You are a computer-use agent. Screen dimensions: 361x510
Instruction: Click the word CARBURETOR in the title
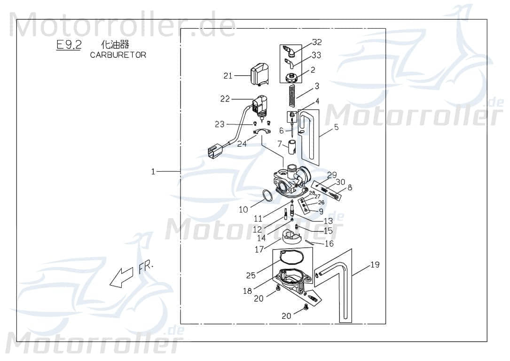(118, 55)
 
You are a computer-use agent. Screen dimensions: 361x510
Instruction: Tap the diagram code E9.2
(69, 45)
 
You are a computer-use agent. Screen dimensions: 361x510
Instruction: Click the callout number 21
(228, 75)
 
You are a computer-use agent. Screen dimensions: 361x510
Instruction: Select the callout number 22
(225, 99)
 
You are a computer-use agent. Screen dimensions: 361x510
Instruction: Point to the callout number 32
(317, 42)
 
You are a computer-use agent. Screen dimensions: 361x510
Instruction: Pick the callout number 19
(375, 265)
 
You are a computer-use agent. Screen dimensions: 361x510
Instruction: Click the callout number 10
(243, 210)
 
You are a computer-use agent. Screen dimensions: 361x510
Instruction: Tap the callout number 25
(251, 275)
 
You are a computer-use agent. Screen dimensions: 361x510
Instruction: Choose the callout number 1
(153, 172)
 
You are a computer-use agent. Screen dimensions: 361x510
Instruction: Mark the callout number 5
(336, 126)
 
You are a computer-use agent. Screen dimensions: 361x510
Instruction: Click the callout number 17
(259, 250)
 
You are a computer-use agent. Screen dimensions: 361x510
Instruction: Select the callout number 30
(340, 182)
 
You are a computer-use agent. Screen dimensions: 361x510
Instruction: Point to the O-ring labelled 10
(266, 196)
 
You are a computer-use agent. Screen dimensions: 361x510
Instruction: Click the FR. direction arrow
(120, 277)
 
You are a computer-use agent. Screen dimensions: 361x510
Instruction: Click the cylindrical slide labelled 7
(291, 146)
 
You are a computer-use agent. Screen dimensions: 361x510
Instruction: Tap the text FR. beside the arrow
(146, 268)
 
